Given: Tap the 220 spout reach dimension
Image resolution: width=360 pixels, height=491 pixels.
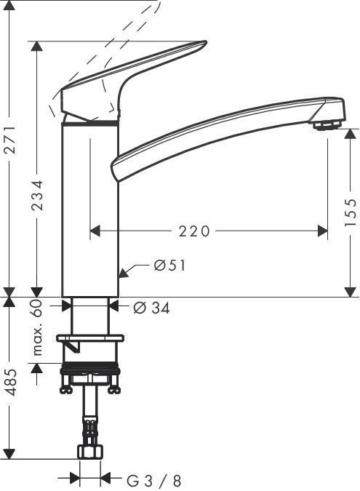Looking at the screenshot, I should (194, 231).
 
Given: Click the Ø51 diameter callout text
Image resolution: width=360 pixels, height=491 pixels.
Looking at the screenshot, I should (169, 266).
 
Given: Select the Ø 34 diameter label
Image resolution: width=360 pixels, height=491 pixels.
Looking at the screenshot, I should (151, 308).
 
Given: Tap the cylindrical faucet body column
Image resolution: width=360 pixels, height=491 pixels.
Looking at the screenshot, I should (89, 211).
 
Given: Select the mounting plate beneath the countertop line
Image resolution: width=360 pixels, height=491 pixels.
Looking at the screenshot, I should (89, 338).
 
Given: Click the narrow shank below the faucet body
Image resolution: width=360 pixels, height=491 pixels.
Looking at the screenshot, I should (89, 313).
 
